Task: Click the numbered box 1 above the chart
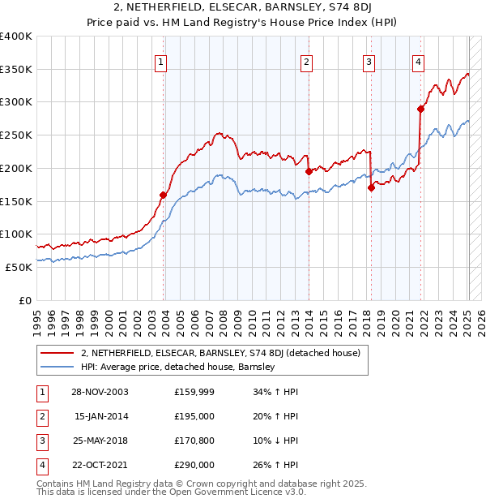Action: coord(161,62)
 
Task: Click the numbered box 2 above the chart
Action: coord(307,62)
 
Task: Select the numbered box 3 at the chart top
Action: coord(369,62)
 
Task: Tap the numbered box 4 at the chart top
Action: coord(418,62)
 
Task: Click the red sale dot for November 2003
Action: coord(164,195)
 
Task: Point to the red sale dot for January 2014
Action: coord(309,171)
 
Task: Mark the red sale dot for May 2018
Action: coord(371,187)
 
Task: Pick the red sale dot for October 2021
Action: coord(420,109)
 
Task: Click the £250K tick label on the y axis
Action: coord(16,135)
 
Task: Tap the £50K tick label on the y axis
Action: coord(19,267)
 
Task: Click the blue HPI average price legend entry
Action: coord(178,367)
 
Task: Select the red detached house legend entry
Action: coord(225,353)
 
